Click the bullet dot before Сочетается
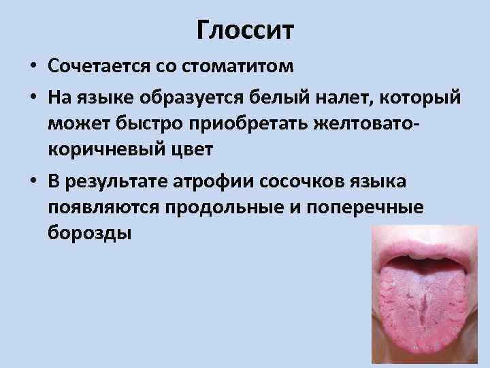click(x=32, y=67)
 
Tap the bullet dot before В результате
click(x=32, y=183)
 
